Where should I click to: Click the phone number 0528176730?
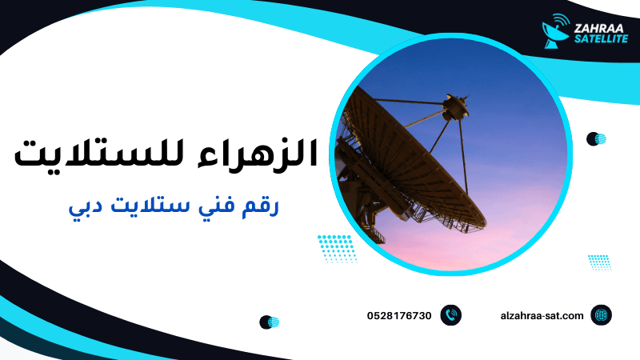[x=399, y=316]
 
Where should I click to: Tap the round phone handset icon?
[x=451, y=315]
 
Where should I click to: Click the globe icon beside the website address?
[x=601, y=315]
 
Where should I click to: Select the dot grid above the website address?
[x=599, y=262]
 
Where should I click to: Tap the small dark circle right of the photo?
[x=594, y=139]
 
